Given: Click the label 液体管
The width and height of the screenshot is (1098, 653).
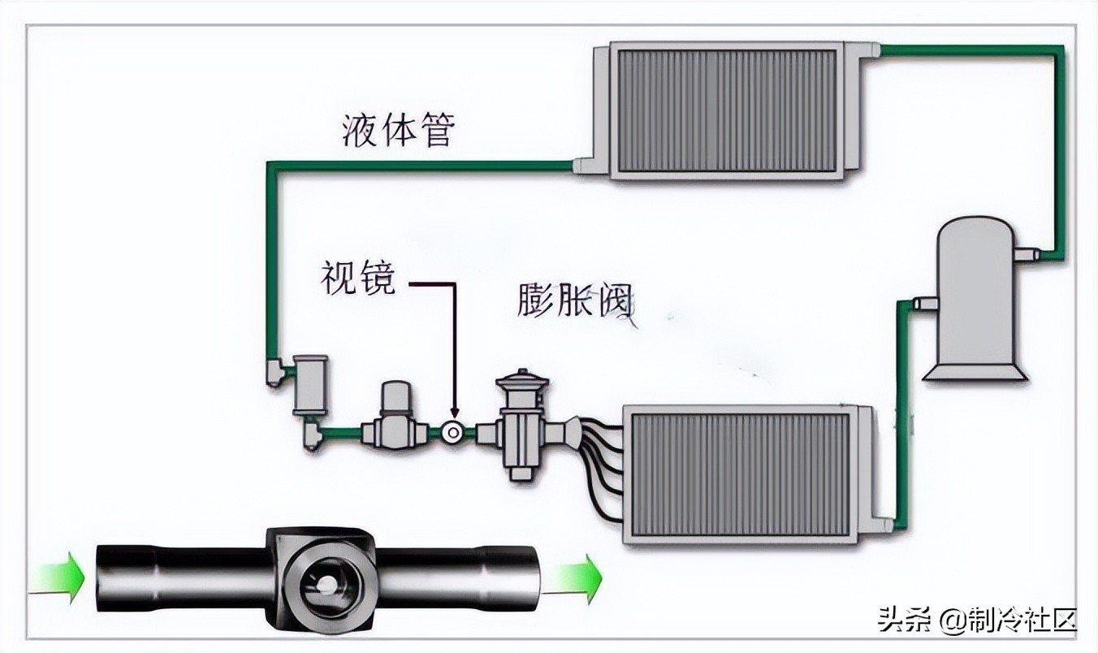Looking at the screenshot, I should click(x=397, y=130).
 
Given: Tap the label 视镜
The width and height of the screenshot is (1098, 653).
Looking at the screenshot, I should click(x=357, y=279).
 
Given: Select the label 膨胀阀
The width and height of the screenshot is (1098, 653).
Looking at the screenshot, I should click(x=573, y=301).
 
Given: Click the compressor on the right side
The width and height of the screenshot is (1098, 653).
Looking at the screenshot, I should click(x=974, y=296).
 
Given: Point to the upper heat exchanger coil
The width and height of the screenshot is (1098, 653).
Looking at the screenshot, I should click(x=727, y=110).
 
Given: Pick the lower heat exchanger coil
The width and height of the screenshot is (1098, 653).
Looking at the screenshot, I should click(x=739, y=474).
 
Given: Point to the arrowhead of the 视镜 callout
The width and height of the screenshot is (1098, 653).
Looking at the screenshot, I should click(x=453, y=413).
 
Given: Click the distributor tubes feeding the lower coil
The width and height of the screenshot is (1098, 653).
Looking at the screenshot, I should click(x=601, y=471).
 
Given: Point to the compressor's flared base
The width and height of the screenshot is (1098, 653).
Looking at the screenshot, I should click(x=975, y=371).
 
